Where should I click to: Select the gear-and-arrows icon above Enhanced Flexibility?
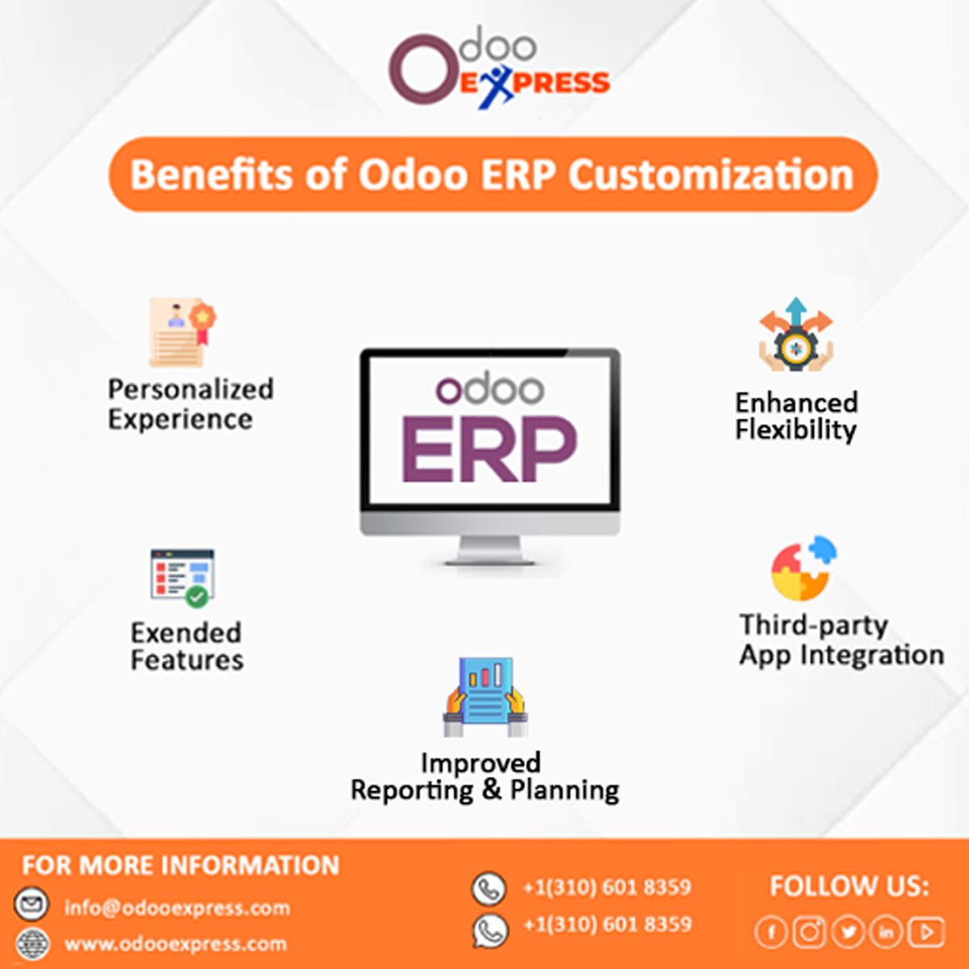795,335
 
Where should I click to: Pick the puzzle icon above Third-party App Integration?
803,568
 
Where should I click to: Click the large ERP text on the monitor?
489,449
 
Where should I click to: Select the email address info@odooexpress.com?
177,908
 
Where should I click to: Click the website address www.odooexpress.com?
175,944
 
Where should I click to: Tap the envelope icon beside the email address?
31,904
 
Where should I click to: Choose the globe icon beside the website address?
32,943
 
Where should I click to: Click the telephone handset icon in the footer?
489,889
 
